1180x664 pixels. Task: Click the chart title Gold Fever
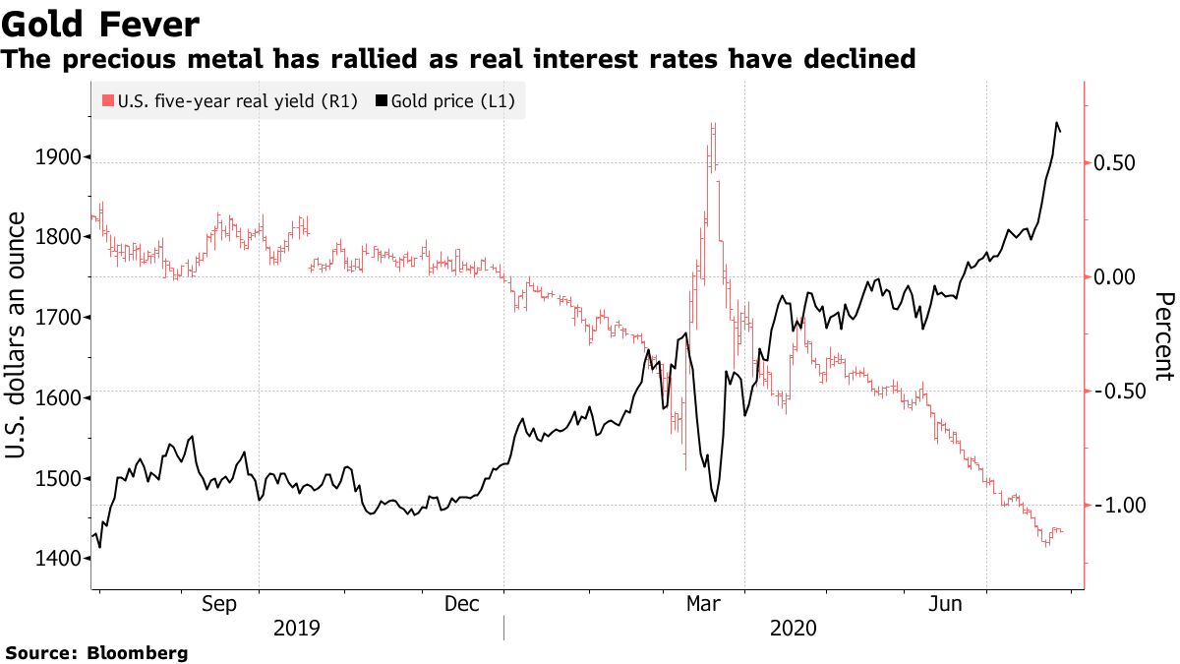101,24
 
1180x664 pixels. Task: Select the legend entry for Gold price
451,100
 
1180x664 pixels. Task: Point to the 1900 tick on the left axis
58,156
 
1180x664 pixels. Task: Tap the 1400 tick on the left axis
58,559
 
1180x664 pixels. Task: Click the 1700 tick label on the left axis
58,318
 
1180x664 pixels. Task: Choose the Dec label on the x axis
462,604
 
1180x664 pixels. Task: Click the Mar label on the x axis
705,604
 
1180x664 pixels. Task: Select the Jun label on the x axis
947,604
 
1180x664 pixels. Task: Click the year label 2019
297,628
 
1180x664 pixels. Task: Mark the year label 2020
793,628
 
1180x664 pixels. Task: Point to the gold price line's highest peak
1056,123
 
